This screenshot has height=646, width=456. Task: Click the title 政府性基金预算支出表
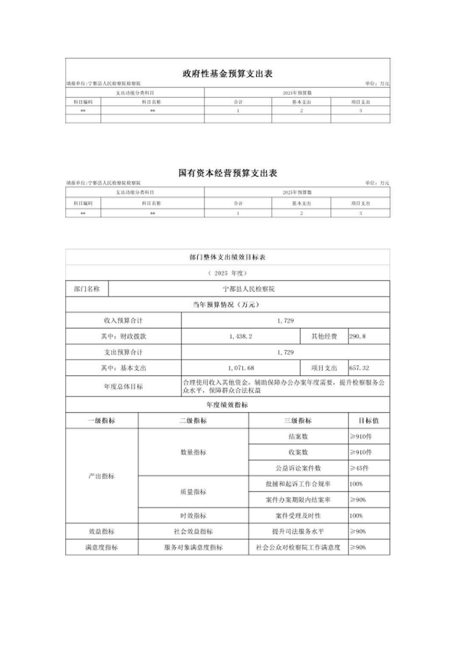tap(228, 74)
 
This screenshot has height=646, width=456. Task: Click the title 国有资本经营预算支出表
tap(228, 173)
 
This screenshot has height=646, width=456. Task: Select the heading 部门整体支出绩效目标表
tap(228, 257)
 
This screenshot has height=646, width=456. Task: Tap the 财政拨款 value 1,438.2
tap(240, 336)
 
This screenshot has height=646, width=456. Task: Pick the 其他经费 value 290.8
tap(357, 336)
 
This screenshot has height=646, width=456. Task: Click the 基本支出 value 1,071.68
tap(240, 368)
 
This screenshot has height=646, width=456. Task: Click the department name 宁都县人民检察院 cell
tap(249, 289)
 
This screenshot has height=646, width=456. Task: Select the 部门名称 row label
tap(87, 289)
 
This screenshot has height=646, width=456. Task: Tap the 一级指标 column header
tap(101, 421)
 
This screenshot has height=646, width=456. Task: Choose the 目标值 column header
tap(369, 421)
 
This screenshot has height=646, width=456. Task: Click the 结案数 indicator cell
tap(298, 436)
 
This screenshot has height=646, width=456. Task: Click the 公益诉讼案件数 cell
tap(298, 468)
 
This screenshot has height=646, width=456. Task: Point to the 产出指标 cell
tap(101, 476)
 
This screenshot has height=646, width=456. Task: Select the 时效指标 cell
tap(193, 516)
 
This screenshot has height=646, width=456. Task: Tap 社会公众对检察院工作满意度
tap(298, 547)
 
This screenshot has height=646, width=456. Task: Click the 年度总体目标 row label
tap(123, 386)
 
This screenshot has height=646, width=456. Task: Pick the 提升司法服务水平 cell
tap(298, 531)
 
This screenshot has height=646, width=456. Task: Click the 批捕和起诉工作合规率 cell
tap(298, 484)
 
